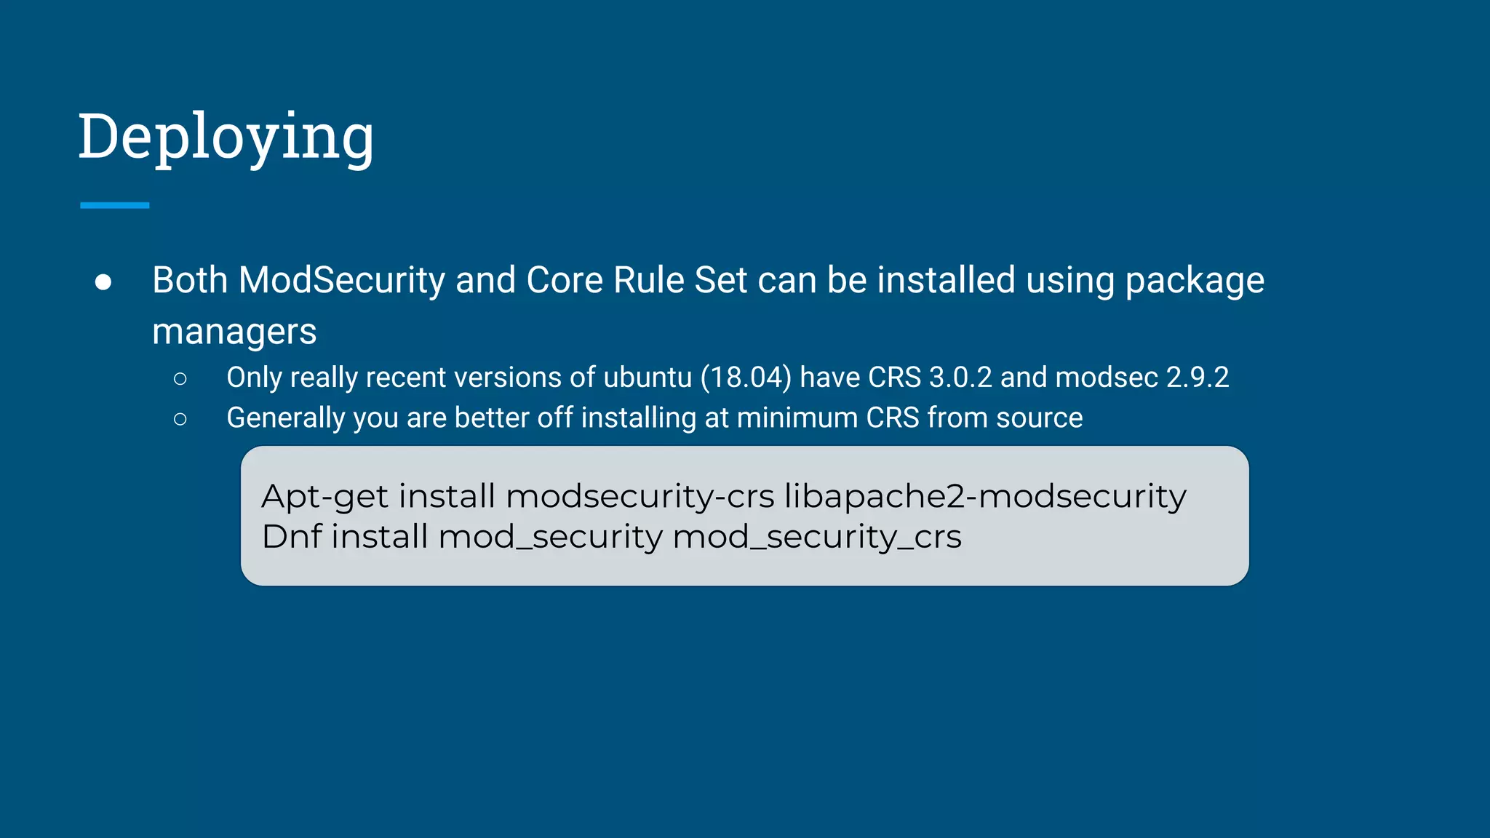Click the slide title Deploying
[226, 137]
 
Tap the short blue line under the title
[115, 206]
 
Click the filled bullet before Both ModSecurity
[103, 282]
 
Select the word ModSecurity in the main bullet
[342, 281]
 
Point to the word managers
[234, 332]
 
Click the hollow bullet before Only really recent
[180, 378]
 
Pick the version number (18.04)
[746, 378]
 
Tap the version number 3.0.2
[960, 378]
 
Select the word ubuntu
[648, 378]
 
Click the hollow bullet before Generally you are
[180, 419]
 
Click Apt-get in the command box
[325, 497]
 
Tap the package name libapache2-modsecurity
[985, 497]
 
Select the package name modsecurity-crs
[640, 497]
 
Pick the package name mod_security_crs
[817, 538]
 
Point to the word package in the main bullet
[1195, 281]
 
